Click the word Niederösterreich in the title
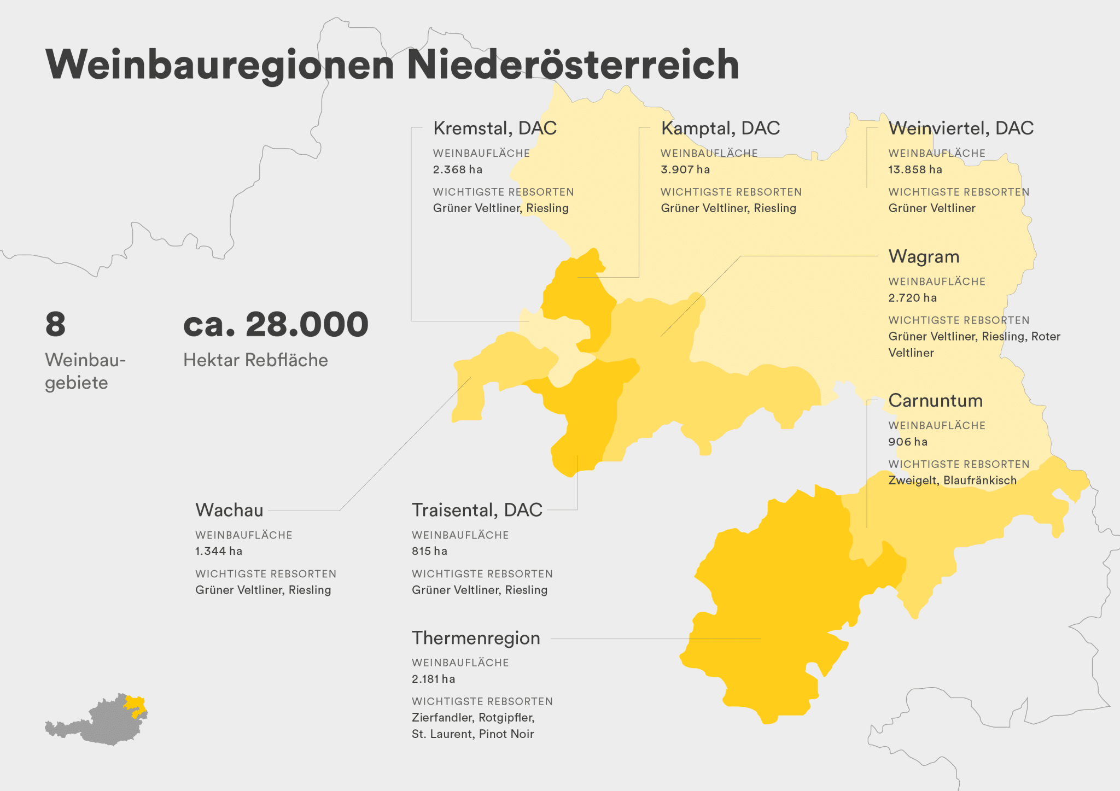pos(573,65)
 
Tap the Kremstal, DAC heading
pos(494,128)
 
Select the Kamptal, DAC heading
pos(720,128)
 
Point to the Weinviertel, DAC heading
pos(961,128)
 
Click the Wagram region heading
pos(924,256)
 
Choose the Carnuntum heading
pos(935,400)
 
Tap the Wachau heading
pos(229,510)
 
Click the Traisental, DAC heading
pos(477,510)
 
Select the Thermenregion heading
pos(476,638)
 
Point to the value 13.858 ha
pos(915,169)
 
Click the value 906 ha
pos(908,442)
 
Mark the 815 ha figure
pos(429,551)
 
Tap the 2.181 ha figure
pos(433,679)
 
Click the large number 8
pos(55,324)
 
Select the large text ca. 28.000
pos(276,324)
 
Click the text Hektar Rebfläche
pos(255,360)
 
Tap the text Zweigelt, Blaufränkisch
pos(952,481)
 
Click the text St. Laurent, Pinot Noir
pos(472,734)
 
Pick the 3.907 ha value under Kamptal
pos(685,169)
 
